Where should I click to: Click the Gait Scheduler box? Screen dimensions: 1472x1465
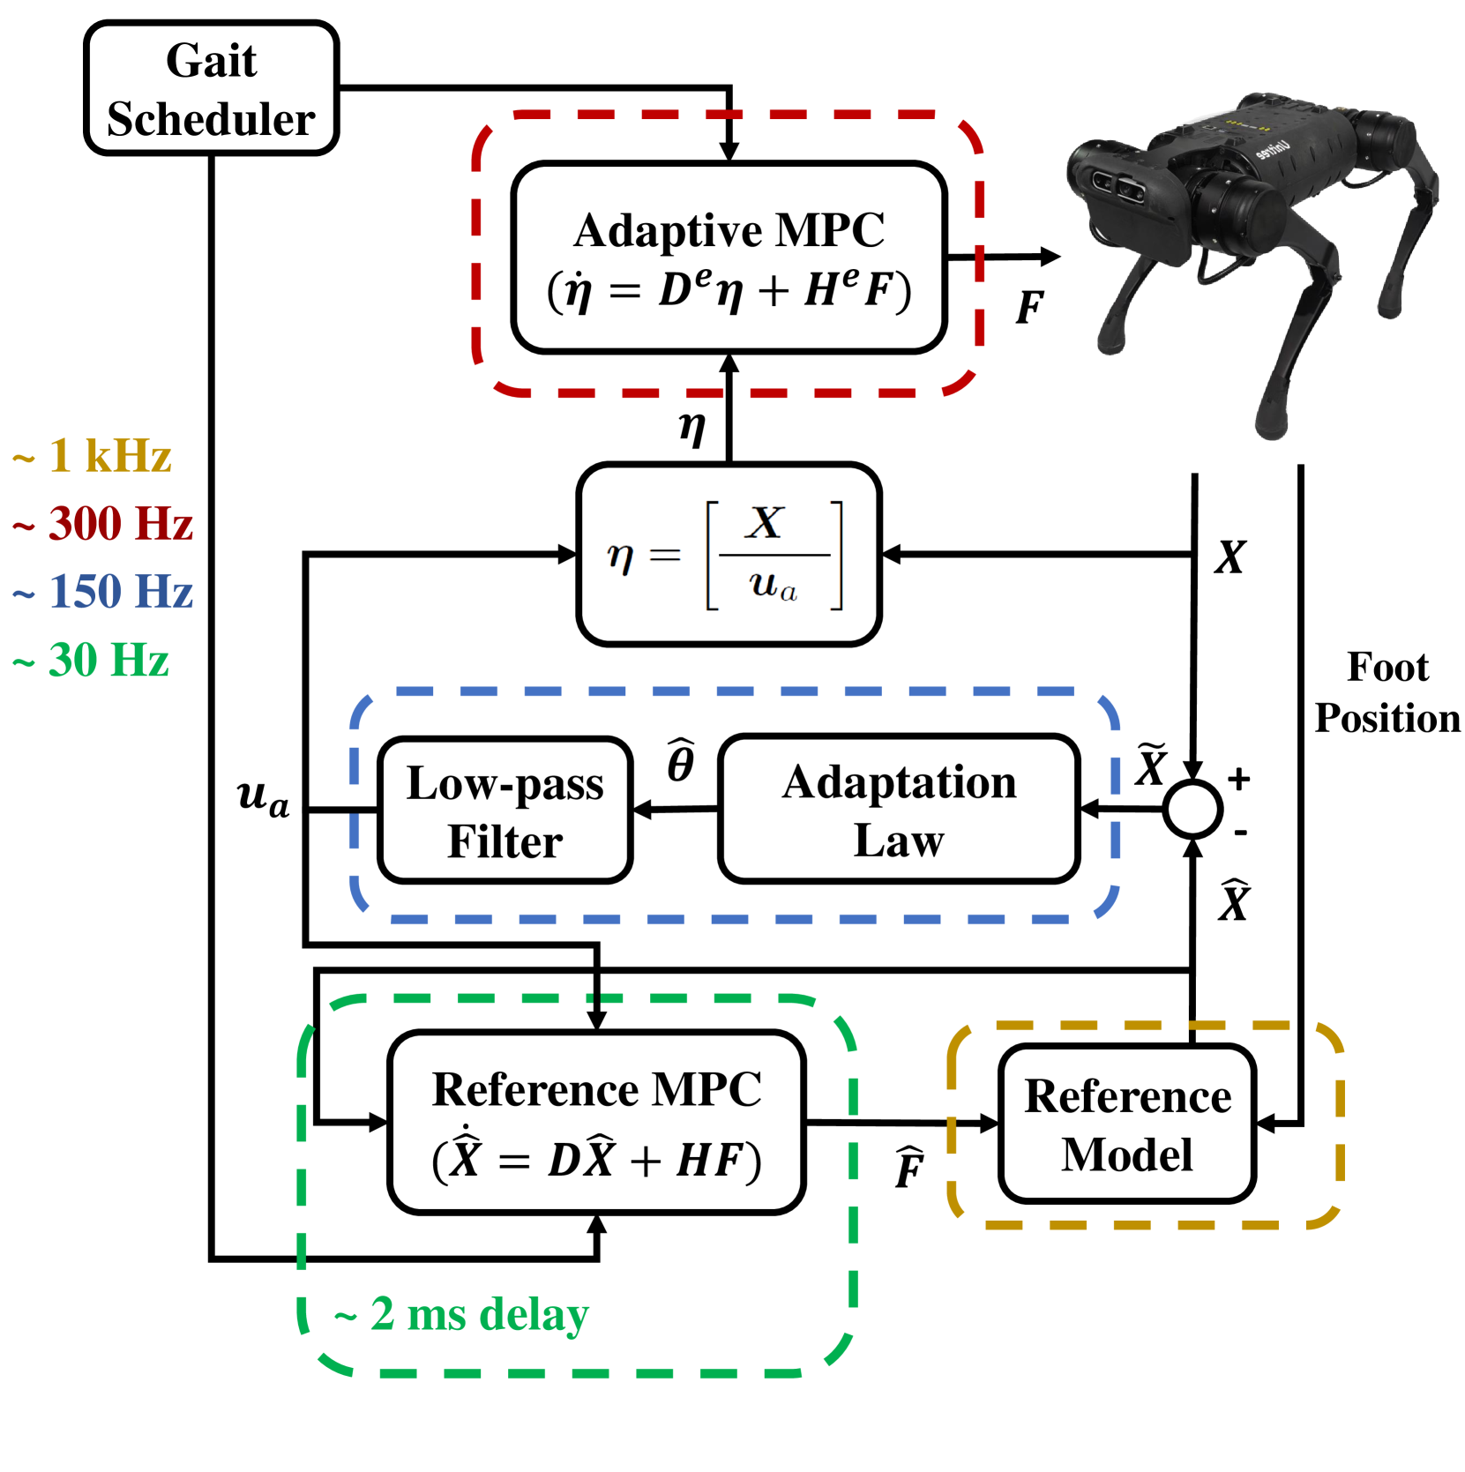212,89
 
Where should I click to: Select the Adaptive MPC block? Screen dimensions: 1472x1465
729,258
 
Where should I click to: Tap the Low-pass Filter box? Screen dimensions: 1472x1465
505,811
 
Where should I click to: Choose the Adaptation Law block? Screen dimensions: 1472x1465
899,810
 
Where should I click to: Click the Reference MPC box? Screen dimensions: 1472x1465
597,1123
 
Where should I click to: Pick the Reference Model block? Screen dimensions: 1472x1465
1127,1124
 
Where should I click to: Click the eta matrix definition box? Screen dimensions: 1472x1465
729,555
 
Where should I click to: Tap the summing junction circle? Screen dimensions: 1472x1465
1192,809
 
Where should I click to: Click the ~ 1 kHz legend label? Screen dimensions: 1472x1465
93,456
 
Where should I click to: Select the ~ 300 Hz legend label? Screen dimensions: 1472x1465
103,523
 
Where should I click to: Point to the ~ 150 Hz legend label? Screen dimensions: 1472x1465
103,591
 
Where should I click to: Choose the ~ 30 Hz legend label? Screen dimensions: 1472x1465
91,660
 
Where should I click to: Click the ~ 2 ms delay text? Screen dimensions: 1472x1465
461,1314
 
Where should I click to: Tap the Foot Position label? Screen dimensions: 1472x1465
1387,692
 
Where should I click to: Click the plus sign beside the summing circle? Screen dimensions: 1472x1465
1239,778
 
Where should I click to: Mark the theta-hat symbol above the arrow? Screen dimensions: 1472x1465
680,761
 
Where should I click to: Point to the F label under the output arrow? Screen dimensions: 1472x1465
1029,307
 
